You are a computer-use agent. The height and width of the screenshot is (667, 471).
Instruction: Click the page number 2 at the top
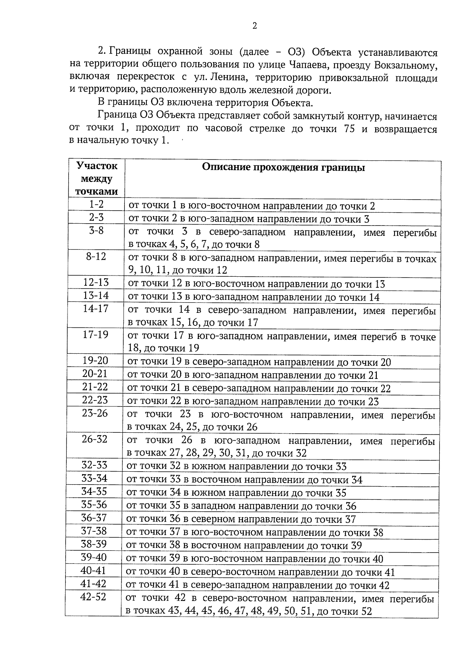coord(254,26)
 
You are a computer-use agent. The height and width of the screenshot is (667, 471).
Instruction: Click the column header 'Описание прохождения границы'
coord(283,167)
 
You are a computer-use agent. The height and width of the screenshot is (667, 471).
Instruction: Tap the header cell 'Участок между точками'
coord(97,179)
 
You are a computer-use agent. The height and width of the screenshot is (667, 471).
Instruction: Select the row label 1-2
coord(96,204)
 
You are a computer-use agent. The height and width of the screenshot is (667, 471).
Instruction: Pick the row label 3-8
coord(96,231)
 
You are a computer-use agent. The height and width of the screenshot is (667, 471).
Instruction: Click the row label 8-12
coord(96,257)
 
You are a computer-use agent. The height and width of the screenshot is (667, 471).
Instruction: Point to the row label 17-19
coord(95,334)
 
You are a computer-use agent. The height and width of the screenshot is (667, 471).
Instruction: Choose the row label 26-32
coord(95,439)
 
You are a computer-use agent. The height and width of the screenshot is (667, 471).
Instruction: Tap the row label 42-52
coord(93,597)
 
